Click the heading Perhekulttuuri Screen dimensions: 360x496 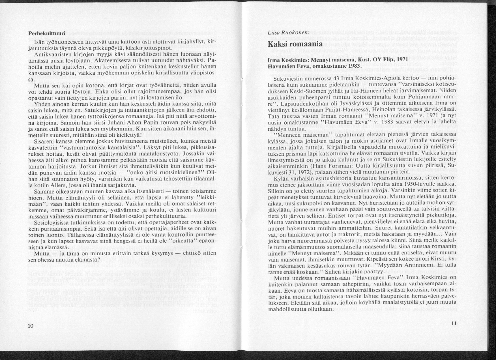[46, 34]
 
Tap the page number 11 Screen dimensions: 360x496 [453, 323]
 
